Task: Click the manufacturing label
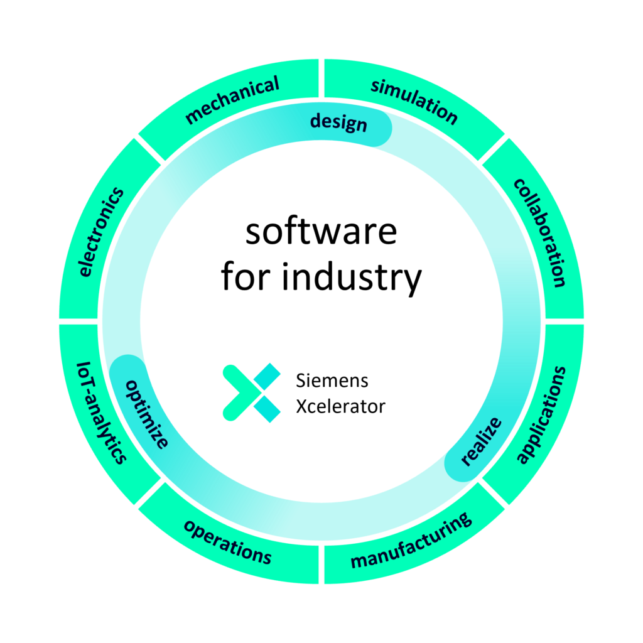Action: pyautogui.click(x=411, y=541)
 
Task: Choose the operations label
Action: pyautogui.click(x=227, y=542)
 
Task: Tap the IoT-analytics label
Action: pyautogui.click(x=101, y=413)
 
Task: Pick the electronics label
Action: pyautogui.click(x=101, y=232)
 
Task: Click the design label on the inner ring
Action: pyautogui.click(x=338, y=122)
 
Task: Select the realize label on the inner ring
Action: pyautogui.click(x=480, y=441)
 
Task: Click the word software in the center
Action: pyautogui.click(x=321, y=232)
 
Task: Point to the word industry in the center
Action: pyautogui.click(x=352, y=278)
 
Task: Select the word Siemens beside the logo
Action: pyautogui.click(x=332, y=381)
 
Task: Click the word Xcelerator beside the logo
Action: pyautogui.click(x=341, y=406)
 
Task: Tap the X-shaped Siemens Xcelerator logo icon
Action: pyautogui.click(x=252, y=392)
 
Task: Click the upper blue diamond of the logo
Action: pyautogui.click(x=267, y=376)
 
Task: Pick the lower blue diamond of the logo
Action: pyautogui.click(x=267, y=409)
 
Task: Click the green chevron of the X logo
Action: pyautogui.click(x=240, y=392)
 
